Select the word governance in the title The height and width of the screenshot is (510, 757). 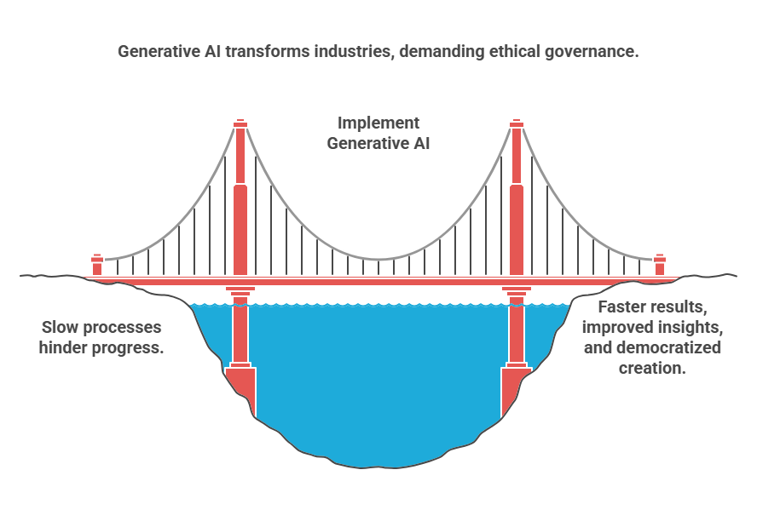pyautogui.click(x=595, y=52)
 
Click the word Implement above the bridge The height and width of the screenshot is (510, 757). pyautogui.click(x=378, y=123)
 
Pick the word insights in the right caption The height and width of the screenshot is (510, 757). pyautogui.click(x=694, y=327)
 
